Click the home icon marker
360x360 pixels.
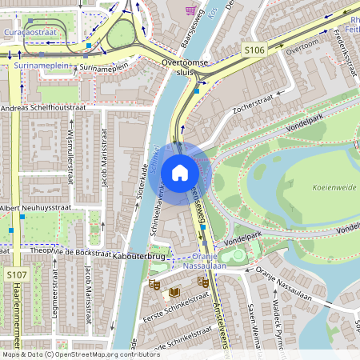point(180,172)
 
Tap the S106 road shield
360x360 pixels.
point(254,50)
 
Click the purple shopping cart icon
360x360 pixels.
point(190,11)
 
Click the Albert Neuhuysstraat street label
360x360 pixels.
point(38,208)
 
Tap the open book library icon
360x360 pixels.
point(172,293)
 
